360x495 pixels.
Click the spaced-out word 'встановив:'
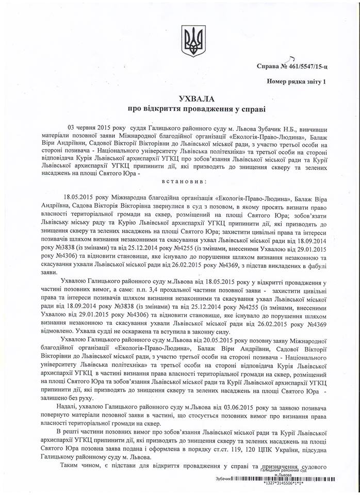180,182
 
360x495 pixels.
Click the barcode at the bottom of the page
286,479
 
